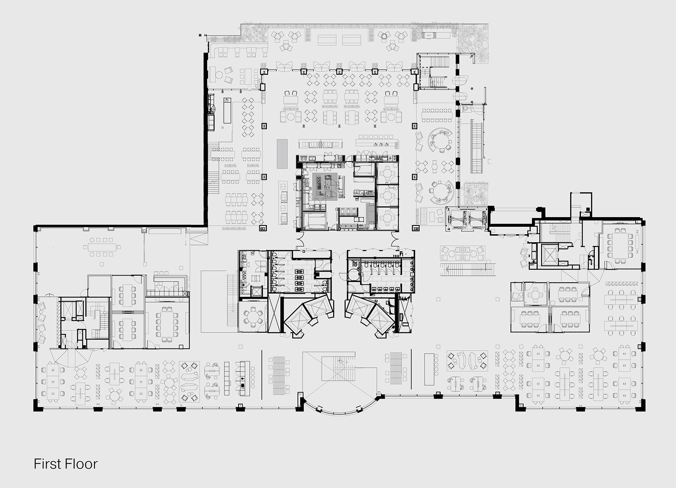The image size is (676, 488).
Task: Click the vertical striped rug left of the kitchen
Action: point(282,153)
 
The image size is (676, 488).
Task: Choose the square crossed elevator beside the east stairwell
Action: point(550,255)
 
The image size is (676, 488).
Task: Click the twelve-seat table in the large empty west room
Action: point(102,247)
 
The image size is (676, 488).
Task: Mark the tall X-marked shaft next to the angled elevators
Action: point(274,313)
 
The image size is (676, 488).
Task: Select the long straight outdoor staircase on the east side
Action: point(477,146)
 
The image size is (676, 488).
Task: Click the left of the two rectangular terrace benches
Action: point(327,40)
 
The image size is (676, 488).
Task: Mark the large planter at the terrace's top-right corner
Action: point(473,42)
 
